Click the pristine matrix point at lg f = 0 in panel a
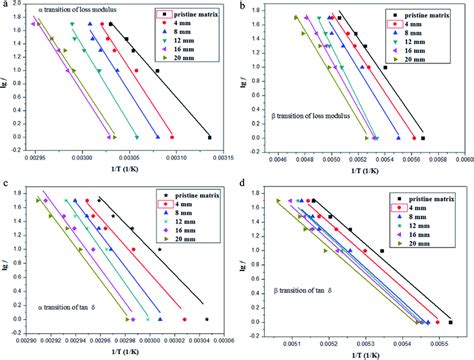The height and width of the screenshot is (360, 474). (209, 137)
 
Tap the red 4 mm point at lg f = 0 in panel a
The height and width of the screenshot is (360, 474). (171, 137)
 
